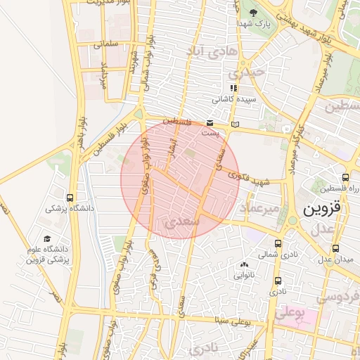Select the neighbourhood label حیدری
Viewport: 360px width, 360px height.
point(250,72)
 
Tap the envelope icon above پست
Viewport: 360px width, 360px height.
point(211,122)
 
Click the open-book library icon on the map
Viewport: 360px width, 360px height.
point(235,124)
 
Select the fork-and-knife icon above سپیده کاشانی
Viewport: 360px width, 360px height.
point(234,89)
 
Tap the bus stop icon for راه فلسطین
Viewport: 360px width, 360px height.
point(345,178)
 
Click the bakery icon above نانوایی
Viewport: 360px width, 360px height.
point(244,265)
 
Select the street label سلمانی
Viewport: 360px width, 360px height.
point(107,44)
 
